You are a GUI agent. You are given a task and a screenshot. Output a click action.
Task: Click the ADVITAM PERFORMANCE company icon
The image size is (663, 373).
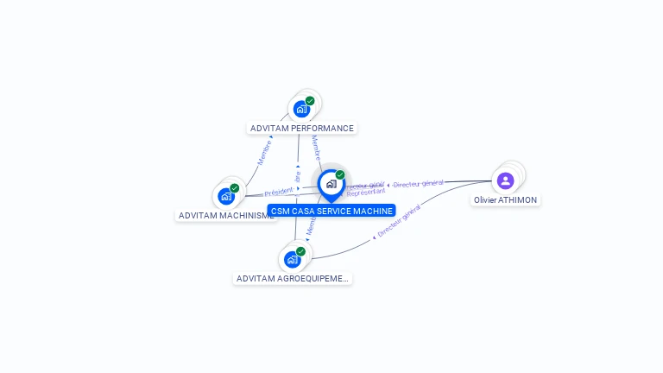click(301, 109)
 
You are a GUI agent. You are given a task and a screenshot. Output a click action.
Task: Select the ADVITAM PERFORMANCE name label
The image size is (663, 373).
click(301, 129)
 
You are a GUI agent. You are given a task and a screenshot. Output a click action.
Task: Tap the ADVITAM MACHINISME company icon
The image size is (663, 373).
click(226, 196)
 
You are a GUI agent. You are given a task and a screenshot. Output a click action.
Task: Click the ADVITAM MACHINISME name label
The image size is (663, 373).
click(226, 215)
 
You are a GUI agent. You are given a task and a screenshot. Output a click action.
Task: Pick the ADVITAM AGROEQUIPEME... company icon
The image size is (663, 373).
click(293, 259)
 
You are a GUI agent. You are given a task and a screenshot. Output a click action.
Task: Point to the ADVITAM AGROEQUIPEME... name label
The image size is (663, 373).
click(293, 279)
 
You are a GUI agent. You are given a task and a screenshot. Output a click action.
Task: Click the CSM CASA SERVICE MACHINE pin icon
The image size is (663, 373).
click(331, 184)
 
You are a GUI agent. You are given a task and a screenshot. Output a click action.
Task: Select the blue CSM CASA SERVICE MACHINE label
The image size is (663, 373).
click(331, 211)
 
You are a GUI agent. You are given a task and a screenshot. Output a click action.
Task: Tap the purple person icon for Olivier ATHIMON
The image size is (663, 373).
click(505, 180)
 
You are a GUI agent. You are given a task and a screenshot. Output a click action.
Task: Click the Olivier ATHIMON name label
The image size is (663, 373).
click(505, 200)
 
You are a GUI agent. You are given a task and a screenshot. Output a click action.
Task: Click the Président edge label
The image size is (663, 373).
click(279, 192)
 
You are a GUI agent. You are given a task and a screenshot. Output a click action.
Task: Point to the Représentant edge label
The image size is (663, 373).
click(365, 193)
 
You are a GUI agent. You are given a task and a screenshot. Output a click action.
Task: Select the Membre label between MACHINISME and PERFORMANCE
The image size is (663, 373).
click(265, 151)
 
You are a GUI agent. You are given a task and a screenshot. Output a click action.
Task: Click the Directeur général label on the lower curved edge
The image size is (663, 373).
click(399, 222)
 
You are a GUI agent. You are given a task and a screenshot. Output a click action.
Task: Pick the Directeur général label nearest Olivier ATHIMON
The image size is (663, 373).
click(418, 183)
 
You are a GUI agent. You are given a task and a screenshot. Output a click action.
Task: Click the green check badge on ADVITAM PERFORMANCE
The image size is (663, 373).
click(310, 101)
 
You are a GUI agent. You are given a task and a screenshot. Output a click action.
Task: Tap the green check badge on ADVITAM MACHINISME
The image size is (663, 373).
click(235, 188)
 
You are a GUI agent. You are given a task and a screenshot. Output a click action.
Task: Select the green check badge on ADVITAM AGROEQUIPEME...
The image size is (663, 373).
click(300, 251)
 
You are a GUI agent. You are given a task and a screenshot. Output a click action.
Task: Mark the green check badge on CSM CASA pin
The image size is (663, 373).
click(340, 175)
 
